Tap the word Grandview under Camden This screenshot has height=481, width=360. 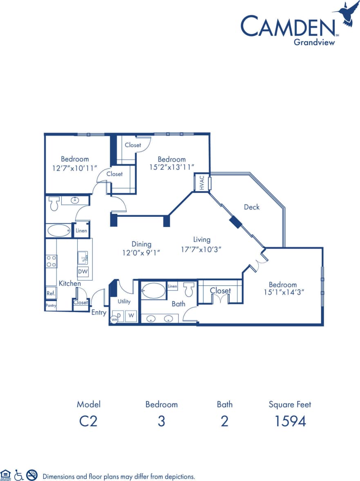pos(314,41)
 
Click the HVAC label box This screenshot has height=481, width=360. pos(202,183)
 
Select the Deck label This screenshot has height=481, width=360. pos(252,207)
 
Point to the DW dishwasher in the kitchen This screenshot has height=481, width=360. pos(83,271)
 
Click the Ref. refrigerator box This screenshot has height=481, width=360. pos(51,293)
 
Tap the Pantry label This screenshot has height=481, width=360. pos(51,306)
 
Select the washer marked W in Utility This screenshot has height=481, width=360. pos(131,316)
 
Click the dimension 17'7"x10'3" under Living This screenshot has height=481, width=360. pos(201,249)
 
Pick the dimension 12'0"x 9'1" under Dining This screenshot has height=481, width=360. pos(141,253)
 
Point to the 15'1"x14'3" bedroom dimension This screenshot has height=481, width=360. pos(283,293)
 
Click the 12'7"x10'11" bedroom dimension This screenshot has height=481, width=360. pos(75,167)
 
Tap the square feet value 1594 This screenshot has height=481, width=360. pos(290,421)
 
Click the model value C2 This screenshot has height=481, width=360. pos(88,421)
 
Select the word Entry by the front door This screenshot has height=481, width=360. pos(99,312)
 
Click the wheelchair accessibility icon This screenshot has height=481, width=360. pos(19,475)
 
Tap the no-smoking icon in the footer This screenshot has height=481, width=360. pos(32,475)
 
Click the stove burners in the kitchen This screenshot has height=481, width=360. pos(51,261)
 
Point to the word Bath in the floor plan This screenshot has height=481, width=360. pos(179,303)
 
